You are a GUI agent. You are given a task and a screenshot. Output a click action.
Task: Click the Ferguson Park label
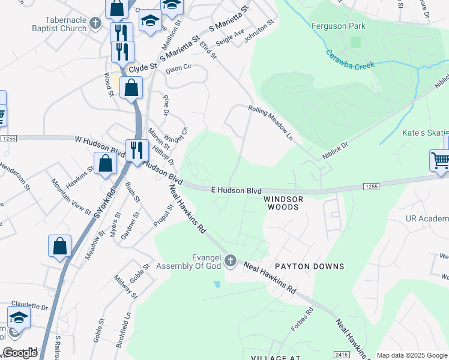point(339,26)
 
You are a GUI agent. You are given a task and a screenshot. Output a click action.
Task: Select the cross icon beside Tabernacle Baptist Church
point(95,24)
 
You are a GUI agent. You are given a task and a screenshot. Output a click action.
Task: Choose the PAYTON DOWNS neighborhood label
point(309,266)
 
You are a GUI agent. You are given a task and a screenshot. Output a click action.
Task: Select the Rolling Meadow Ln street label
point(271,122)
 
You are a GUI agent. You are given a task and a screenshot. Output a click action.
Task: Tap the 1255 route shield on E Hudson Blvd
point(371,187)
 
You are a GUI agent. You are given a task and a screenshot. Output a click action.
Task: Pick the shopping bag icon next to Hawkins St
point(106,163)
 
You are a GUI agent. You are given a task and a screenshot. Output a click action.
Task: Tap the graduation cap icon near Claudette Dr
point(19,317)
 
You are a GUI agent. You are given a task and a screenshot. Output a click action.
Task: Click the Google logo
point(20,353)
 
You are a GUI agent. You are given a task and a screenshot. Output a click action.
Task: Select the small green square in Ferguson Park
point(355,42)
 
